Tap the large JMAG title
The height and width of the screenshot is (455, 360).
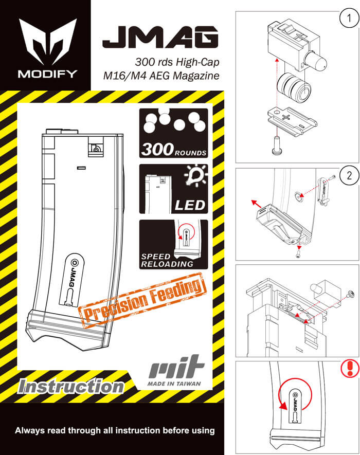coord(160,37)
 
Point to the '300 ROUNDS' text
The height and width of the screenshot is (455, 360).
coord(174,150)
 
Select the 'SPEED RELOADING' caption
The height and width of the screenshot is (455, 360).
coord(168,260)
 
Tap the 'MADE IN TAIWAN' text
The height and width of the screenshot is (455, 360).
coord(175,384)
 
